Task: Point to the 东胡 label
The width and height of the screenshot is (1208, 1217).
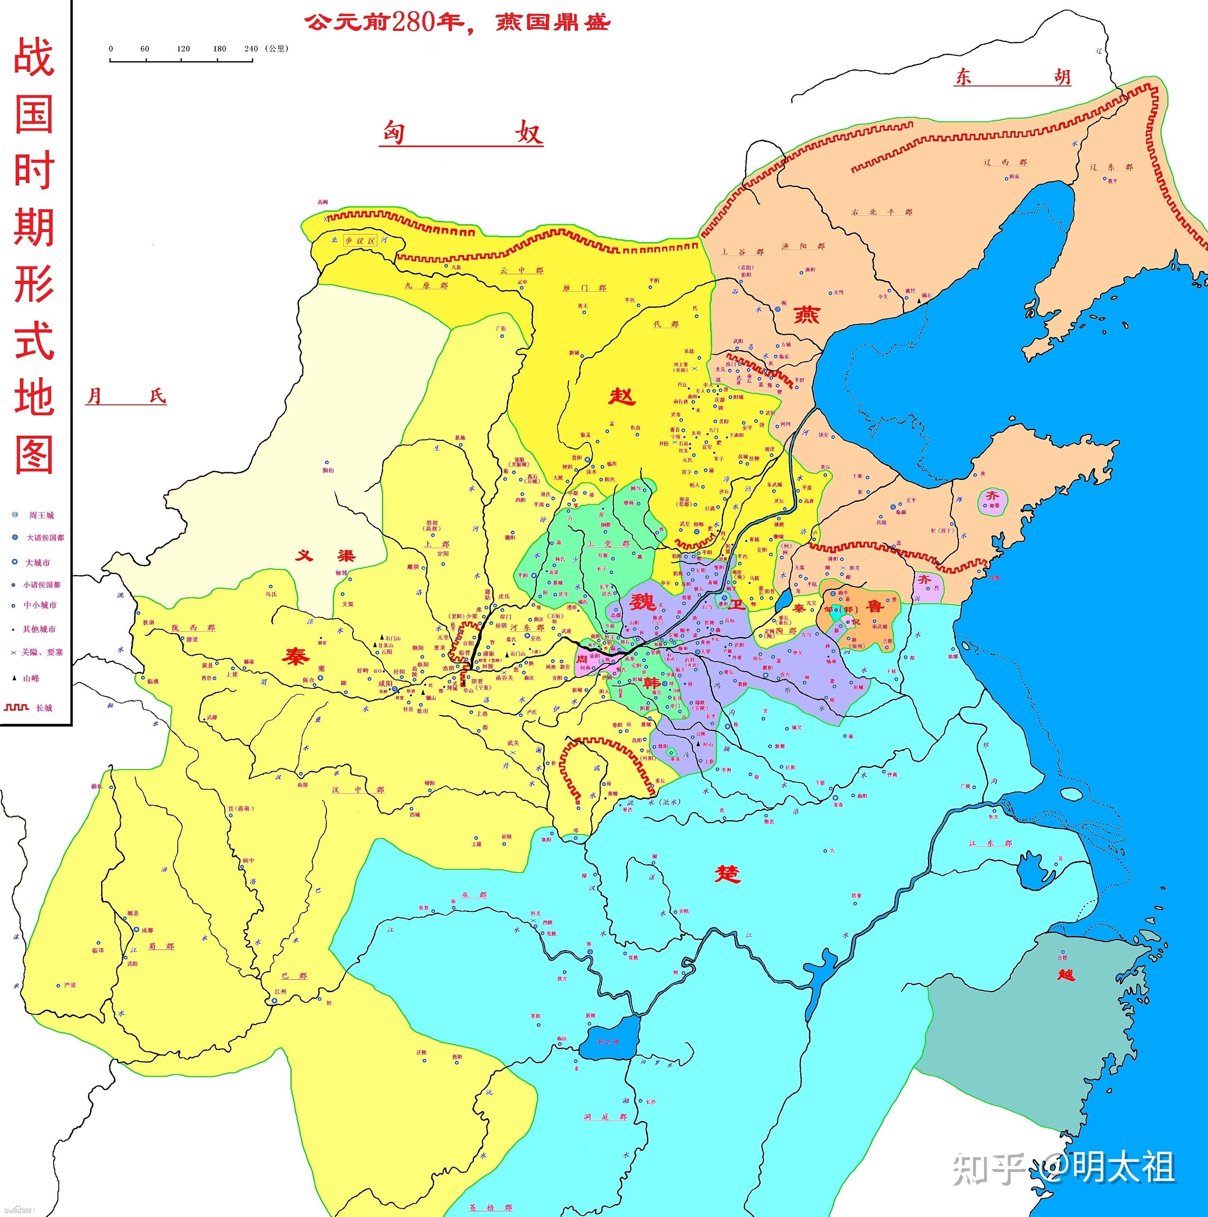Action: tap(1012, 77)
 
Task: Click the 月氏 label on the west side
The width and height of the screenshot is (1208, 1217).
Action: tap(126, 396)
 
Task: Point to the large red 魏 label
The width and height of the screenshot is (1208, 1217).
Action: tap(643, 602)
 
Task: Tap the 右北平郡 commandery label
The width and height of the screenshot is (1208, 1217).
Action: tap(882, 212)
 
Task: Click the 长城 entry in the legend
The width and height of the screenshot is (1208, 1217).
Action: tap(43, 708)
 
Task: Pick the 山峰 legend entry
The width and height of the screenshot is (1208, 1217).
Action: tap(31, 678)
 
